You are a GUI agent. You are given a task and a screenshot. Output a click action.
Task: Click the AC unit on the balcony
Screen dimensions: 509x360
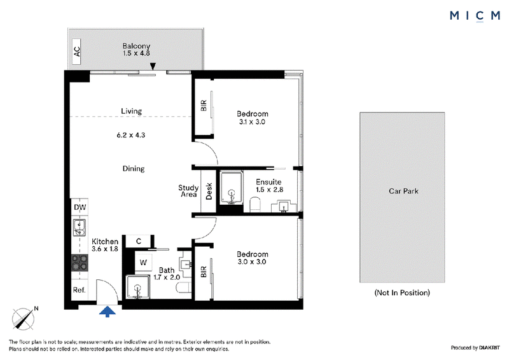point(76,52)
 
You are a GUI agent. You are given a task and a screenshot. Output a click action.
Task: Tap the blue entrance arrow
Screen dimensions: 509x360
point(108,312)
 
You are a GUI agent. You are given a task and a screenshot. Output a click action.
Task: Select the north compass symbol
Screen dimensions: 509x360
point(24,319)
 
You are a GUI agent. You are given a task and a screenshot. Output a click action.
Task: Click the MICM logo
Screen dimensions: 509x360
point(475,16)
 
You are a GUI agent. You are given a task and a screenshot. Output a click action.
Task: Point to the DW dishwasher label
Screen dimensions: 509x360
point(80,207)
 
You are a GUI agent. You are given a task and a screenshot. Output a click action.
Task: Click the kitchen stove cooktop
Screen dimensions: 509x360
point(80,263)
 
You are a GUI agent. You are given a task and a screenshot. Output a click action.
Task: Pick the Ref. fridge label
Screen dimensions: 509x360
point(79,290)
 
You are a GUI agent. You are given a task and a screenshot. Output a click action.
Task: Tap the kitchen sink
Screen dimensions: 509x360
point(79,228)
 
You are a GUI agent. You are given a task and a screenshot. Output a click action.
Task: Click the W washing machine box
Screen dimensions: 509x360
point(143,262)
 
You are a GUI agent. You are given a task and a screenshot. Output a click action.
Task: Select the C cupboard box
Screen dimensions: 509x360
point(139,242)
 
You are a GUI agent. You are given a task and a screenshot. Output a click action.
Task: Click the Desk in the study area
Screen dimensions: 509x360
point(209,191)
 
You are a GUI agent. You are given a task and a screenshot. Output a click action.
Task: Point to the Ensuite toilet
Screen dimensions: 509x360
point(256,205)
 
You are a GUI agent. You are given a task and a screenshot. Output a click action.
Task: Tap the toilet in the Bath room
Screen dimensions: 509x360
point(184,287)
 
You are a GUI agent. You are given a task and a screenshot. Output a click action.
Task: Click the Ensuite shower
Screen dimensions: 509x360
point(232,188)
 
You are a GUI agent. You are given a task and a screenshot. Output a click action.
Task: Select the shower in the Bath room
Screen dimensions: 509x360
point(138,287)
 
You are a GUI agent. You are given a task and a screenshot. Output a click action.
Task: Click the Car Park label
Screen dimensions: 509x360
point(403,191)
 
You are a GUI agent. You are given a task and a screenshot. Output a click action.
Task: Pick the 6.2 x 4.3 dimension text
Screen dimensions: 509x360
point(131,135)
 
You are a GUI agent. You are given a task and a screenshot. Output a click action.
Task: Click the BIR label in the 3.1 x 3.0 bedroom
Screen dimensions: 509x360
point(204,106)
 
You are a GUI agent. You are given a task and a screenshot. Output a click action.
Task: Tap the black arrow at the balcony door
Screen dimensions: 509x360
point(153,66)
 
